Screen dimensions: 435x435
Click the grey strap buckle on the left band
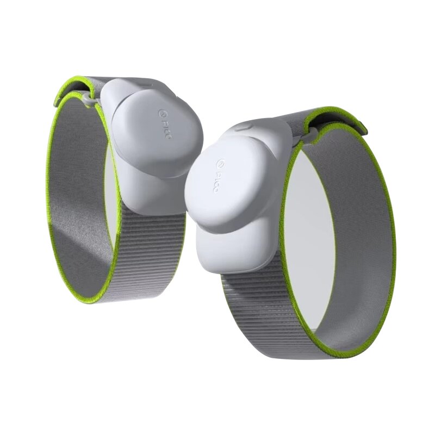(x=88, y=97)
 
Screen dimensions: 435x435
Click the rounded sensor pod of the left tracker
(x=158, y=133)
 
